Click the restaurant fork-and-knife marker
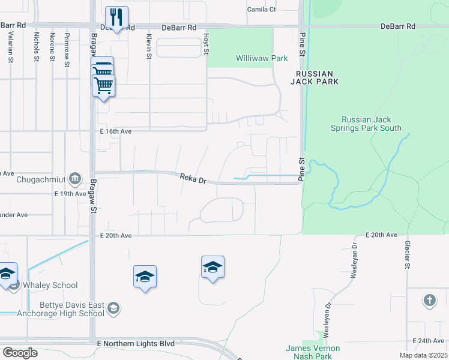coord(116,17)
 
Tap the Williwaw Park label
coord(262,59)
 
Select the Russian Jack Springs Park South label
coord(366,124)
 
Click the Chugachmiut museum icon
coord(75,178)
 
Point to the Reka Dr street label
coord(193,178)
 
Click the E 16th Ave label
coord(116,131)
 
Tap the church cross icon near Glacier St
coord(429,300)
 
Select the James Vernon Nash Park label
coord(312,352)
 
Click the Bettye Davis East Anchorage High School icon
coord(113,309)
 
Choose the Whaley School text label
coord(51,286)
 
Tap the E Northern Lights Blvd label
coord(136,344)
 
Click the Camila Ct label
coord(262,10)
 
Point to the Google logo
coord(20,352)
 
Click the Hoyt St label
coord(205,44)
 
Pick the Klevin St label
coord(148,46)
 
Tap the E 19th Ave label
coord(70,194)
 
